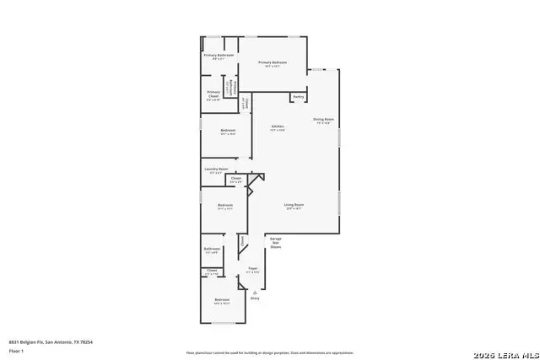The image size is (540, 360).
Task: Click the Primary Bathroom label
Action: tap(218, 55)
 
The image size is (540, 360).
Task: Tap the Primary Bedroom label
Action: tap(273, 62)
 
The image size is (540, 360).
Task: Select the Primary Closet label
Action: tap(213, 94)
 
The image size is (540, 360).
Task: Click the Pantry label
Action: tap(298, 97)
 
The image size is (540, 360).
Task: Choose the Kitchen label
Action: tap(278, 127)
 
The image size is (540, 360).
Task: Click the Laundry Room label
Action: tap(216, 169)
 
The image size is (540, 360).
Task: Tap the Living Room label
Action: tap(294, 205)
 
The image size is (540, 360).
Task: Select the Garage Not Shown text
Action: tap(275, 243)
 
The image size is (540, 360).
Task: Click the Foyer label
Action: tap(252, 268)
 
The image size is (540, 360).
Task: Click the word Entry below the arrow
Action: tap(254, 298)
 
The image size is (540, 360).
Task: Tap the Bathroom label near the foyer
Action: tap(212, 249)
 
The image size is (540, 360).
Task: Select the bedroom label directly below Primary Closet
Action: tap(228, 130)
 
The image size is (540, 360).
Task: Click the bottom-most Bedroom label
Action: tap(221, 300)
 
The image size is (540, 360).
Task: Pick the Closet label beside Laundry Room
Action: tap(236, 178)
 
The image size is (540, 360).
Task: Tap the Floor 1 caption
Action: tap(16, 350)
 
